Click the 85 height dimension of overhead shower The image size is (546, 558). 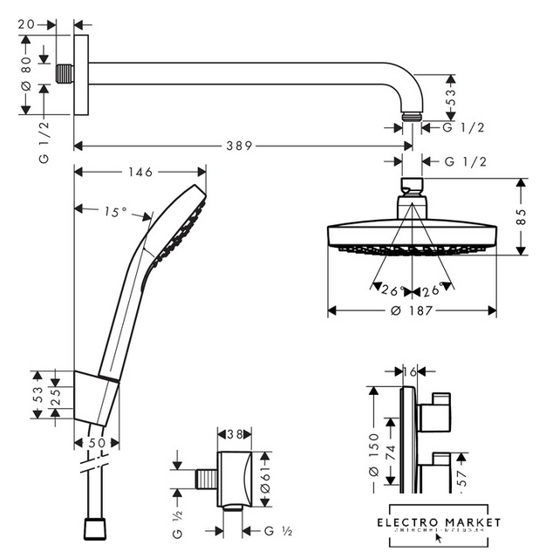[522, 216]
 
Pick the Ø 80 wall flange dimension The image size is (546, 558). [26, 74]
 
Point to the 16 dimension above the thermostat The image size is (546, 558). [411, 372]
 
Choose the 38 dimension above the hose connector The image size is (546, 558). [235, 433]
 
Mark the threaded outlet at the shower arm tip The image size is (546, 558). [413, 116]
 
